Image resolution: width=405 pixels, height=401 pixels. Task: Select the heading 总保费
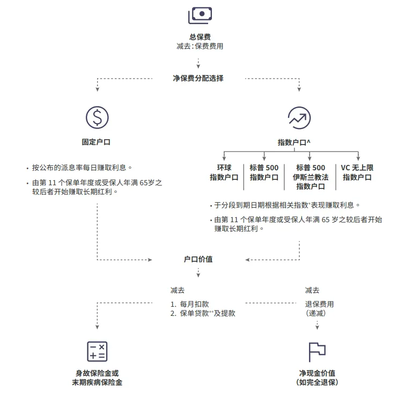click(200, 37)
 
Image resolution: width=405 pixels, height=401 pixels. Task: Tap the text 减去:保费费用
click(200, 46)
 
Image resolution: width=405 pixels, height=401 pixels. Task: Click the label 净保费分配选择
click(198, 78)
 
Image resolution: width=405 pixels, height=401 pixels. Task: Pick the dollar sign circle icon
click(97, 117)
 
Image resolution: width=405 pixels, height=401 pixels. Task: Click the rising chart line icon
click(299, 117)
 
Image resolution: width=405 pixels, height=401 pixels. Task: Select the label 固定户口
click(97, 142)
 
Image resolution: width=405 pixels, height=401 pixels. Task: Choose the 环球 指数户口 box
click(224, 172)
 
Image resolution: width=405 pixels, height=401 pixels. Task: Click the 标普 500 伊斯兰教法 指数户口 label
click(311, 177)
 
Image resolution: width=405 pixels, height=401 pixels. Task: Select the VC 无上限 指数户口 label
click(357, 172)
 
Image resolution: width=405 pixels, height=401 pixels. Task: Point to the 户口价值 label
click(198, 259)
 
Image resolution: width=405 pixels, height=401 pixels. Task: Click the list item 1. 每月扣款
click(190, 304)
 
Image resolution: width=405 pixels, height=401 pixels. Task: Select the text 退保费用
click(319, 304)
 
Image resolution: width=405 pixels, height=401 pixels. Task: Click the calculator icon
click(97, 351)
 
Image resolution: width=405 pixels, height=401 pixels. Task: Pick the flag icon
click(316, 352)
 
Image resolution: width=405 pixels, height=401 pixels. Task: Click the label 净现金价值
click(317, 373)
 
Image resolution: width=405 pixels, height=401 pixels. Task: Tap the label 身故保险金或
click(97, 373)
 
